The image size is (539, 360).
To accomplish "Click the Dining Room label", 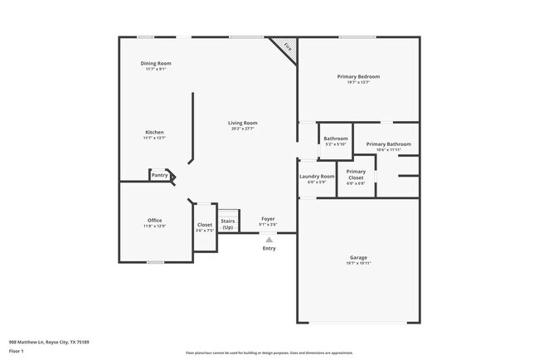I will click(156, 63).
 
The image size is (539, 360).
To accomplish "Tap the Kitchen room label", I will click(154, 132).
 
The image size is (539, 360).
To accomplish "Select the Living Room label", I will click(243, 123).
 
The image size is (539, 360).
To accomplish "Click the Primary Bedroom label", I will click(358, 76).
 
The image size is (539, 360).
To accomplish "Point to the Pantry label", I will click(160, 175).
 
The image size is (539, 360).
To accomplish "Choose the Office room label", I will click(154, 220).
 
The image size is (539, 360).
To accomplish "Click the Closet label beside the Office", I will click(205, 225).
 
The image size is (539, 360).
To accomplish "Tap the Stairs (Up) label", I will click(228, 224).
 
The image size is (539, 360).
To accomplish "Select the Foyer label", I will click(268, 219).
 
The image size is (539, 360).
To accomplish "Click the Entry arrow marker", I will click(269, 240).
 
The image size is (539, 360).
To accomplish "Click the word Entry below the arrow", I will click(269, 248).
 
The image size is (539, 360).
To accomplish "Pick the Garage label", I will click(358, 257).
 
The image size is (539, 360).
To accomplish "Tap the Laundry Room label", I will click(317, 176).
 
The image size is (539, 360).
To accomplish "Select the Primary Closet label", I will click(356, 174).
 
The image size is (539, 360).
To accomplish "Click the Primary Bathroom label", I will click(389, 144).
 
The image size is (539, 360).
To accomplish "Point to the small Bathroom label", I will click(335, 139).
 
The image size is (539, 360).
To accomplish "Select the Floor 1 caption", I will click(17, 352).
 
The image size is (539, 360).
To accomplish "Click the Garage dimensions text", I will click(358, 263).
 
